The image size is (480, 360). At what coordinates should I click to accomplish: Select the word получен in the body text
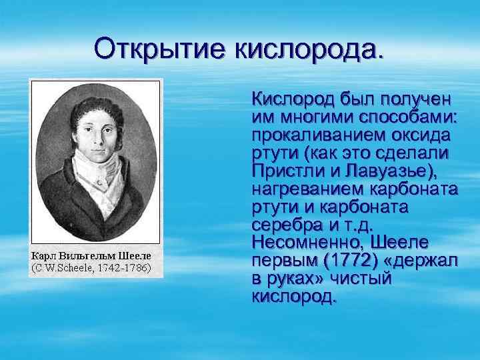[x=416, y=101]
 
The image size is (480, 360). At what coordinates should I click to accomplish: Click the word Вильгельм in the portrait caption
[x=89, y=256]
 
